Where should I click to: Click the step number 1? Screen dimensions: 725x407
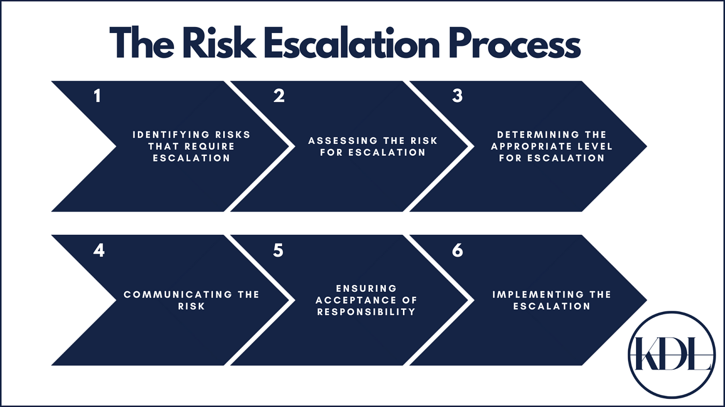coord(97,96)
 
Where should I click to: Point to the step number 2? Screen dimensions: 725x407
coord(279,96)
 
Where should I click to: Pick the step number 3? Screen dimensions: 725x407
coord(457,96)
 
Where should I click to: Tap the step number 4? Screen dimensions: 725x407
coord(98,250)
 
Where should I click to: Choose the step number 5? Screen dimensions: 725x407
coord(278,250)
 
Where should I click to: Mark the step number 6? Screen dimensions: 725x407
coord(457,250)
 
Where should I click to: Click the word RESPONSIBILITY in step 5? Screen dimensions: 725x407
coord(366,312)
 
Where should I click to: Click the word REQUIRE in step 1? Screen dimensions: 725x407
coord(210,146)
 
